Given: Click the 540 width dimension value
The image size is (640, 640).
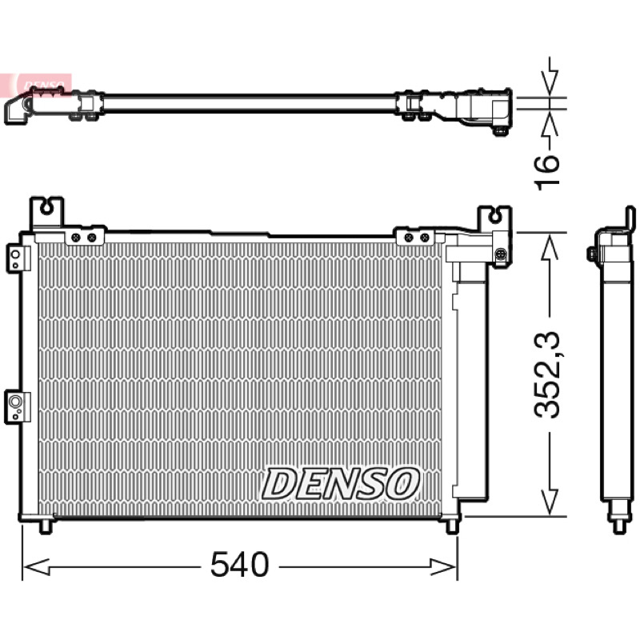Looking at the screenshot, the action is [x=239, y=565].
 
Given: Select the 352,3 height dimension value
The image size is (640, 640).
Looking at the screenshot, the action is [x=547, y=375].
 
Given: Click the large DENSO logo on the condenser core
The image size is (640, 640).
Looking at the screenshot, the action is [x=341, y=484].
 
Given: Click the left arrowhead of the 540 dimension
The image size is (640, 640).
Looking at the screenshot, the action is [x=36, y=566].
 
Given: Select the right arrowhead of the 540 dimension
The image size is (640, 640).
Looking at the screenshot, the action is [x=443, y=566].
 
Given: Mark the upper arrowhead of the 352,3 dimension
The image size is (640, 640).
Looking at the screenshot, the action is [x=550, y=246].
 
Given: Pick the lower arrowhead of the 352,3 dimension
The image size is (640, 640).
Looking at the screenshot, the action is [x=550, y=502].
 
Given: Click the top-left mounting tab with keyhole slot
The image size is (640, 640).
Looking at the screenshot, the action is [x=46, y=214].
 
